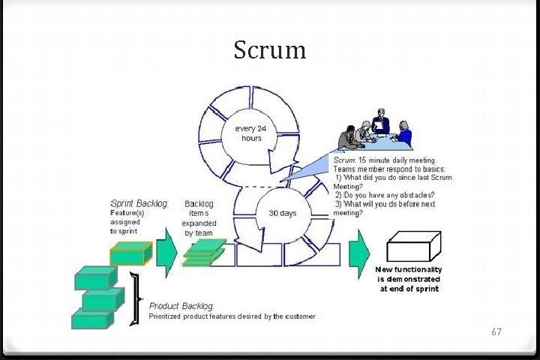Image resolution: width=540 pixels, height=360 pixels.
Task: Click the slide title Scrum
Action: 269,50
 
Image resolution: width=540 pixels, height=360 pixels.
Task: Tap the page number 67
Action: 495,331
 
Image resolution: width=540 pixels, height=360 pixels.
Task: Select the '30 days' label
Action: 282,213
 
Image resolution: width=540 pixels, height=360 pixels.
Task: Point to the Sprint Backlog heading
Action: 139,203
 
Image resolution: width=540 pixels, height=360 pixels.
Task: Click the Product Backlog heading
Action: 181,306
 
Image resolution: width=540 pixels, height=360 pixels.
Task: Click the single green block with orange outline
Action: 131,253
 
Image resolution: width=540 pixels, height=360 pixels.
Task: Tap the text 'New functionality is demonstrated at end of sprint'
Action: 409,279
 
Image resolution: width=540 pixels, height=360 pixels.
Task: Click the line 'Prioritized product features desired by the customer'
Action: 232,316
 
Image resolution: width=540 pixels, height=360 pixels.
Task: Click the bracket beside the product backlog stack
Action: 136,299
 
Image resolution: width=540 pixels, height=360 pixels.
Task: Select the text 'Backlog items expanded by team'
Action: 199,217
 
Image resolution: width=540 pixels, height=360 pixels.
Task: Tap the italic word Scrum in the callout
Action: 343,160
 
